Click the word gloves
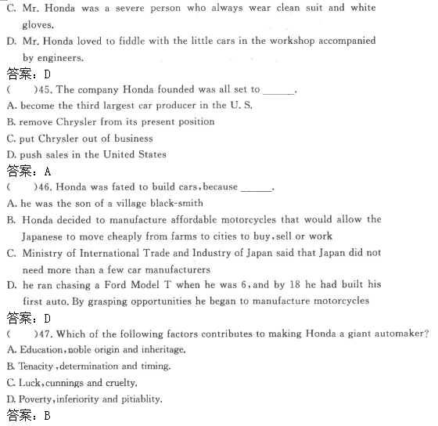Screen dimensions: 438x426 [39, 24]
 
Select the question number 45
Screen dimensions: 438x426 [45, 90]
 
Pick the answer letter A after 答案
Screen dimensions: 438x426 [48, 170]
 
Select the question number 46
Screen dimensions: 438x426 [45, 187]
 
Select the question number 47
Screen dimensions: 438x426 [45, 334]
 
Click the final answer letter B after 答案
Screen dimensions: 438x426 [48, 416]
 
